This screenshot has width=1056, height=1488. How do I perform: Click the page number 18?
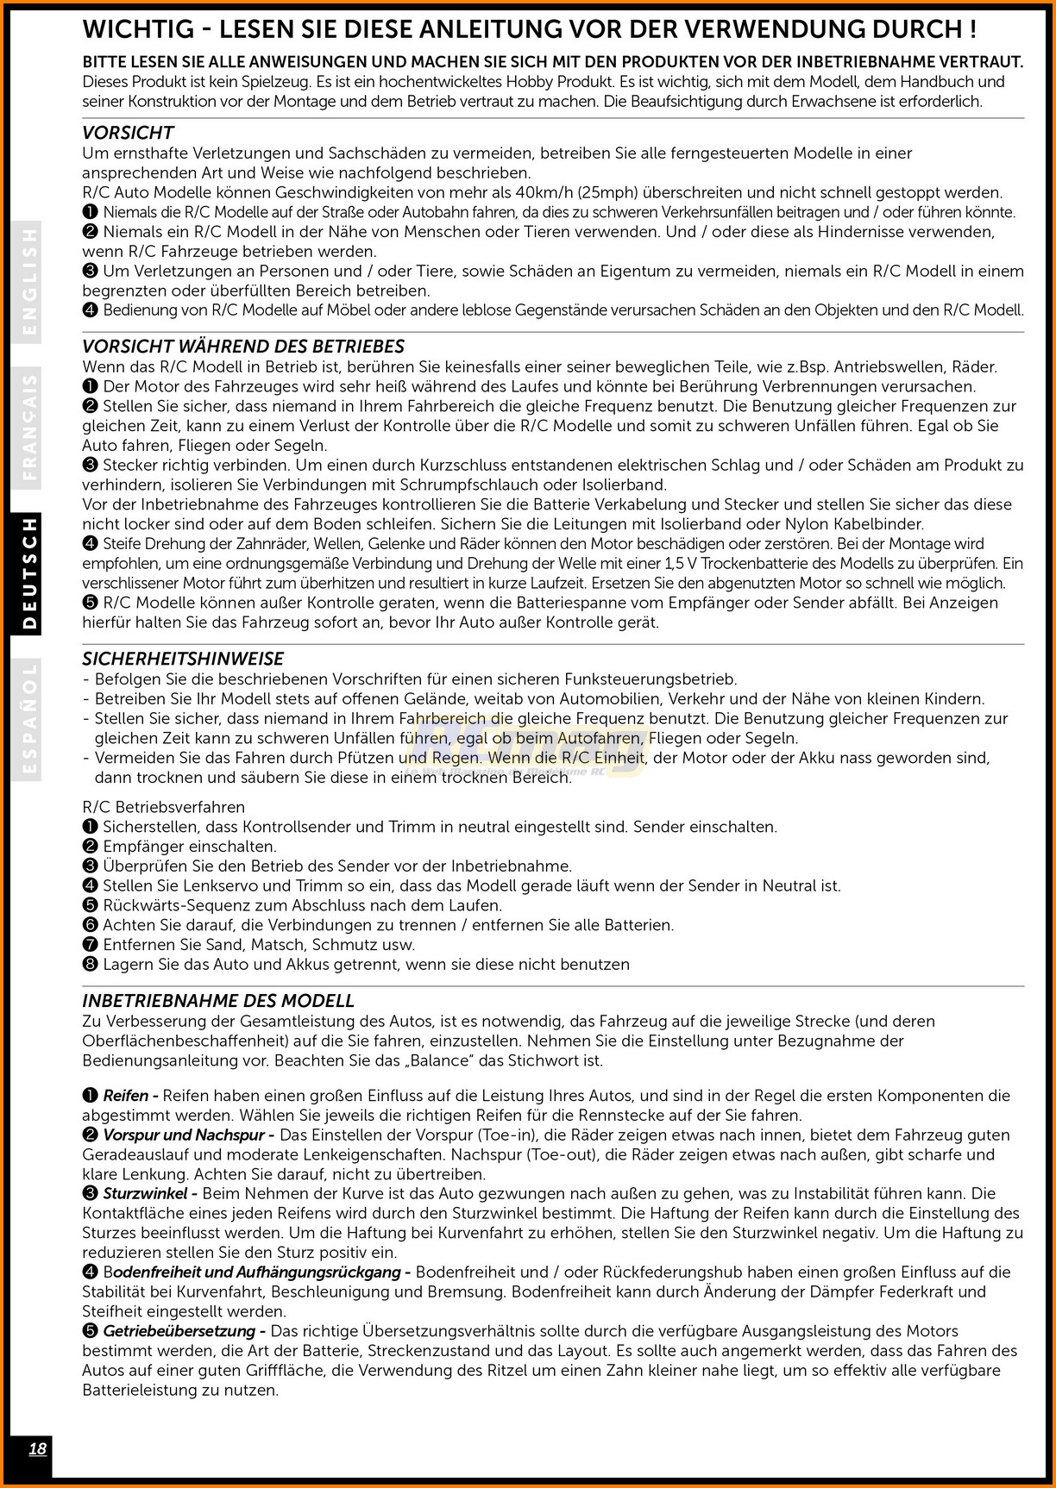click(37, 1448)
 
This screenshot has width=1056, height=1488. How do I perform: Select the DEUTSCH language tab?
click(30, 574)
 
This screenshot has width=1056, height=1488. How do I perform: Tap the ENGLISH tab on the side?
click(30, 281)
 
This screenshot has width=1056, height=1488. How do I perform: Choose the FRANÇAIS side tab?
click(30, 426)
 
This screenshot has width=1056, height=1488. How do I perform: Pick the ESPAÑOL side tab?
click(30, 721)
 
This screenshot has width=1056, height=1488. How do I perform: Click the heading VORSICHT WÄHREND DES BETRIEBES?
click(243, 347)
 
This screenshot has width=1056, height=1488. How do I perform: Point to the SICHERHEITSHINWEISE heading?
click(183, 659)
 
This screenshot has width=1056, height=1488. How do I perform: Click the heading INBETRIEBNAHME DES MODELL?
click(218, 1001)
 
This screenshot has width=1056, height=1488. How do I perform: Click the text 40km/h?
click(547, 192)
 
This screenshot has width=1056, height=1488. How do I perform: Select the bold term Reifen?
click(126, 1096)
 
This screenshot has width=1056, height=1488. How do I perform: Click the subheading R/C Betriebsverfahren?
click(164, 807)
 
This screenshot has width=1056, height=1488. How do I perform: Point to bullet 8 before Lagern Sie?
click(90, 965)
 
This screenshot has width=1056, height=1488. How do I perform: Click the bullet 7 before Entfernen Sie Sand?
click(90, 945)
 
